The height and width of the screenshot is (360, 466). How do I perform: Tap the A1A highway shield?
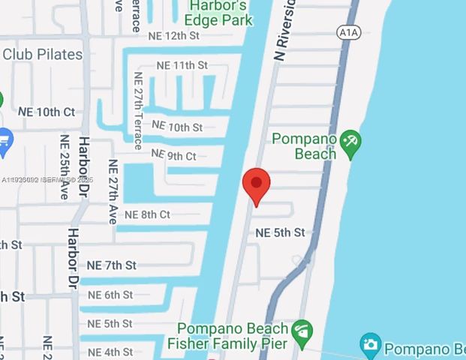[347, 32]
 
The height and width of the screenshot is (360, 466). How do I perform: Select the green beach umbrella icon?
[350, 143]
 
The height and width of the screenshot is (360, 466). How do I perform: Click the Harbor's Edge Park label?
[218, 13]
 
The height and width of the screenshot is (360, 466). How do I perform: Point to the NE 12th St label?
[173, 35]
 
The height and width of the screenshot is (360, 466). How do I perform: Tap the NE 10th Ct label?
[46, 112]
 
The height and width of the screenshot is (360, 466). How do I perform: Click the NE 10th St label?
[177, 127]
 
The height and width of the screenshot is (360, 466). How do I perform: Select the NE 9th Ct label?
[173, 155]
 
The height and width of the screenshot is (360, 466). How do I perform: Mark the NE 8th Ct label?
[147, 214]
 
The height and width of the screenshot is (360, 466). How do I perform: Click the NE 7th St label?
[111, 265]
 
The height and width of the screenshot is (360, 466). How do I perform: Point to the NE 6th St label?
[110, 295]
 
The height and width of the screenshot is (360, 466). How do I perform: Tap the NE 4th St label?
[110, 352]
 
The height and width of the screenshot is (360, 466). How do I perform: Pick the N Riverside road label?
[286, 34]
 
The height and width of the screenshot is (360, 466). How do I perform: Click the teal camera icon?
[370, 345]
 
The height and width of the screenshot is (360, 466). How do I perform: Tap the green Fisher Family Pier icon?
[302, 329]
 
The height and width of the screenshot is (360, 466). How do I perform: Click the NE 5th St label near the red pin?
[280, 232]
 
